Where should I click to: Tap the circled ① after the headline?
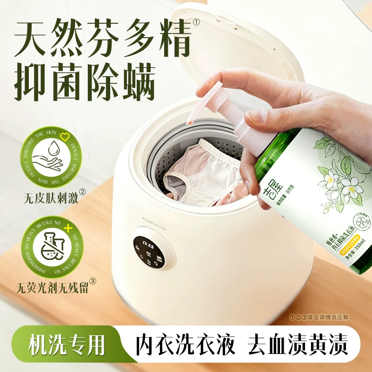(197, 22)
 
